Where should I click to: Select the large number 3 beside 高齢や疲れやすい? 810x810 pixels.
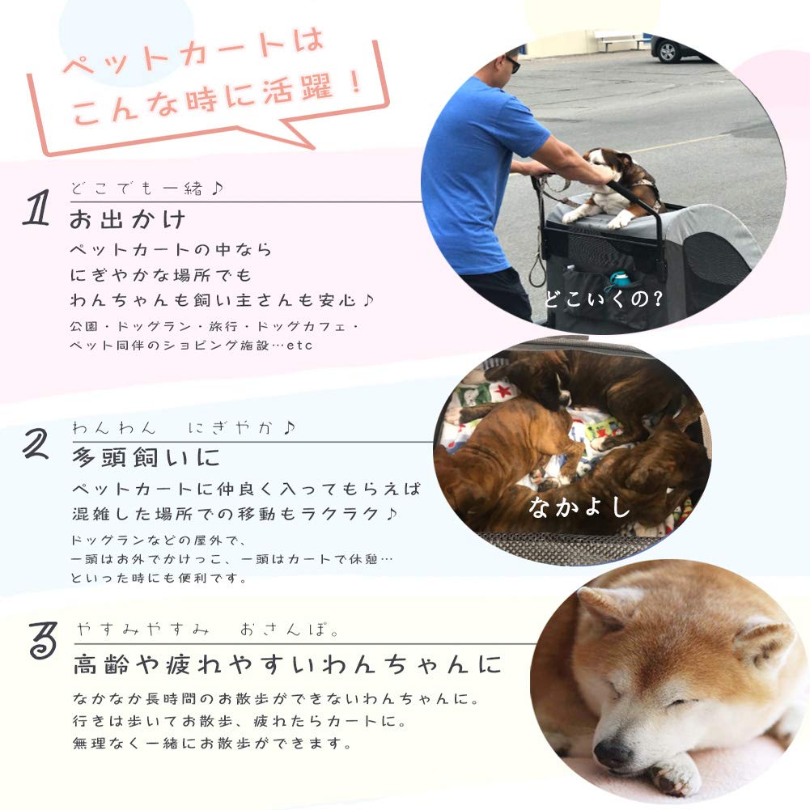(43, 642)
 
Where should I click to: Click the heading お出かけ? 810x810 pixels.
(128, 219)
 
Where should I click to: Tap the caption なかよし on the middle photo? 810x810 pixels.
(579, 507)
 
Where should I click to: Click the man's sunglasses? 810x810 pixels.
(513, 65)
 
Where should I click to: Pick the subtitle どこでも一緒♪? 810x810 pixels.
(146, 189)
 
